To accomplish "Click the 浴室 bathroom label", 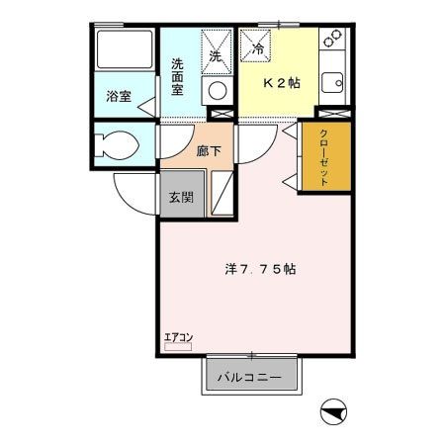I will click(x=118, y=97).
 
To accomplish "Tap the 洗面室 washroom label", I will click(x=178, y=76).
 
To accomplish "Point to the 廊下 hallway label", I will click(x=208, y=152).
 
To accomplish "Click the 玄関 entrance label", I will click(x=180, y=197).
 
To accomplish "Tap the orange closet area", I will click(x=323, y=158).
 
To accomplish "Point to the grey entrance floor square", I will click(x=180, y=197).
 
